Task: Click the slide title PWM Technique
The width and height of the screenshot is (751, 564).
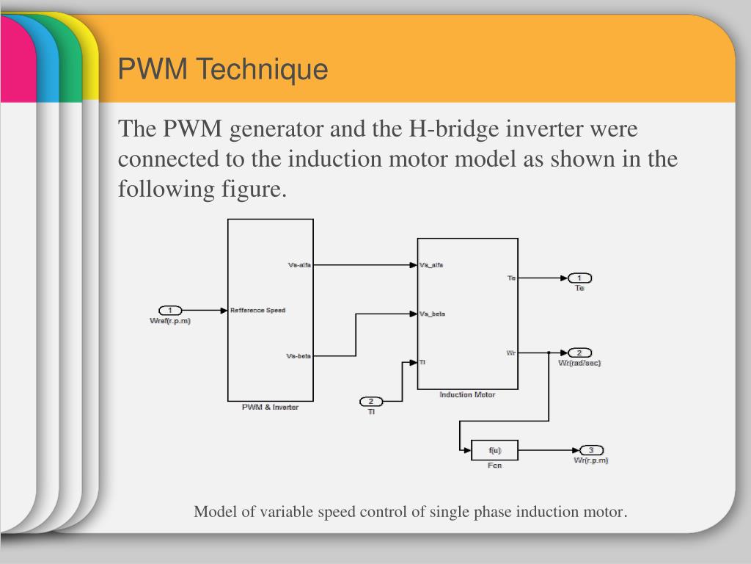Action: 223,70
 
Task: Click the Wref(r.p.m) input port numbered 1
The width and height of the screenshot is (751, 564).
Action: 170,311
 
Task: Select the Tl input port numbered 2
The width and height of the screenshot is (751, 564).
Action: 371,401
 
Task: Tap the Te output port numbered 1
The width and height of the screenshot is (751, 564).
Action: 579,278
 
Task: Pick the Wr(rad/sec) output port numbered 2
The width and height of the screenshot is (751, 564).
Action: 579,352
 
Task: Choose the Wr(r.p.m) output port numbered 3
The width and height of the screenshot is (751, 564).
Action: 591,450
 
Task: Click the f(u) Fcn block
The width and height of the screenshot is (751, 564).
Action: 494,450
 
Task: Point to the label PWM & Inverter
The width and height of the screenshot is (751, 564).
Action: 270,408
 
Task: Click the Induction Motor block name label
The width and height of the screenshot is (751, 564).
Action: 467,395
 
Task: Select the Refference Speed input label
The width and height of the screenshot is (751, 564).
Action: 257,311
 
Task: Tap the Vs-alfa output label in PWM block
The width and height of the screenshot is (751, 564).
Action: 299,265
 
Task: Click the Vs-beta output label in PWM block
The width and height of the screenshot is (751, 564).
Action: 298,356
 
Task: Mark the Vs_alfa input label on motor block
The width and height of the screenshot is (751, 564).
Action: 431,265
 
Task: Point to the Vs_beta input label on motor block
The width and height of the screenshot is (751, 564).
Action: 432,314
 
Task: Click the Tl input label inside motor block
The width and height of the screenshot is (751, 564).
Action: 422,362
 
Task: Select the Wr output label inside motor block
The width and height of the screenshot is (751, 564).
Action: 511,353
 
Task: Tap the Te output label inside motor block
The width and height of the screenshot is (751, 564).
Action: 512,278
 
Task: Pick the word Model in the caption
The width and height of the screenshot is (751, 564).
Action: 213,512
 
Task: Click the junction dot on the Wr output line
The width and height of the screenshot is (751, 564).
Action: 549,352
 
